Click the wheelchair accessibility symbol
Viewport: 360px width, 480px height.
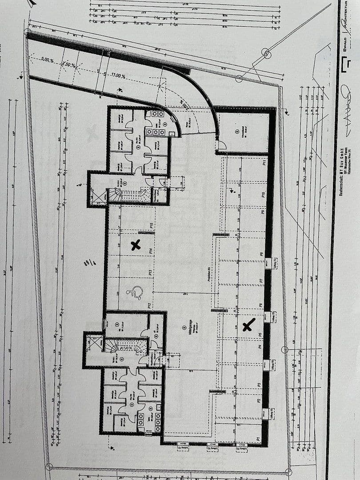[x=135, y=292]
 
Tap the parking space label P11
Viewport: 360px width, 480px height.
[x=264, y=163]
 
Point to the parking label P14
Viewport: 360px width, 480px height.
[x=152, y=251]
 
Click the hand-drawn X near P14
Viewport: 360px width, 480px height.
[x=136, y=244]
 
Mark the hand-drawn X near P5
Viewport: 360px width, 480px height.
[x=249, y=325]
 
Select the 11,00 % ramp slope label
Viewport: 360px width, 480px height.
[x=118, y=76]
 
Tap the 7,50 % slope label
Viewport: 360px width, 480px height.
[x=69, y=65]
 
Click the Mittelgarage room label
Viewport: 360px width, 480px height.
[x=190, y=329]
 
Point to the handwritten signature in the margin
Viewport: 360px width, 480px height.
[x=346, y=107]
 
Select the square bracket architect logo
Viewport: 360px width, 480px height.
[x=345, y=66]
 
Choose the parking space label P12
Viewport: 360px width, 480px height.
[x=150, y=305]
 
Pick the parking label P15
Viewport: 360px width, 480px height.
[x=152, y=226]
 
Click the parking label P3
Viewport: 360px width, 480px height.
[x=259, y=385]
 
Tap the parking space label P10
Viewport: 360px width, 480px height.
[x=264, y=195]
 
